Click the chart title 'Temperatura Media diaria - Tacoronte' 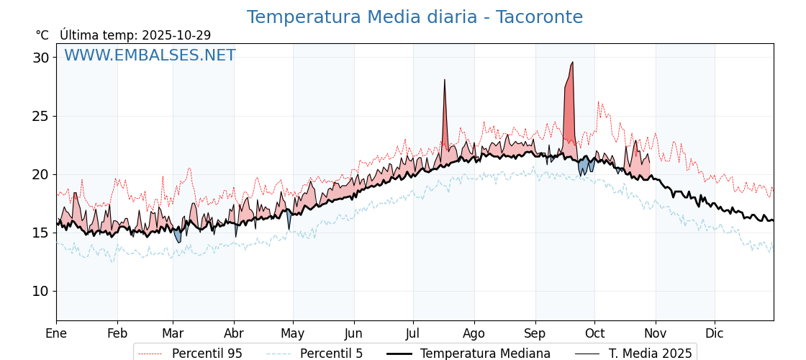[415, 17]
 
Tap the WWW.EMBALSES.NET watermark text [150, 55]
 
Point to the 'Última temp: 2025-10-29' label [135, 35]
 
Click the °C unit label [42, 35]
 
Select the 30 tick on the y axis [40, 58]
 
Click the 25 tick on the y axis [40, 116]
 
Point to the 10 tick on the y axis [40, 291]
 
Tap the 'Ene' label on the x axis [56, 333]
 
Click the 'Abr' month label [234, 333]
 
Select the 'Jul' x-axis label [413, 333]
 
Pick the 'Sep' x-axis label [535, 333]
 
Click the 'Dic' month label [715, 333]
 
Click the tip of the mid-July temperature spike [445, 80]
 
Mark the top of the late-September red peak [572, 63]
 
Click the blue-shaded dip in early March [178, 237]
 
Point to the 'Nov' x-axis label [655, 333]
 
